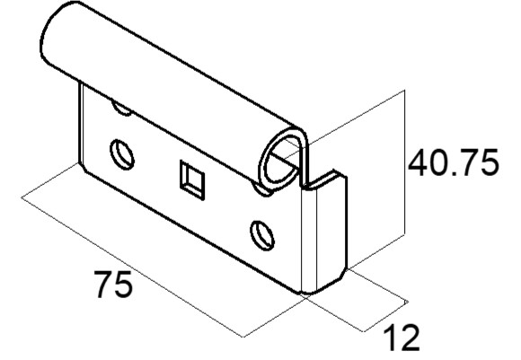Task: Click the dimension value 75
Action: [x=113, y=285]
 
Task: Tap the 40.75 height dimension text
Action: [x=454, y=162]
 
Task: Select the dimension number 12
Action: [x=402, y=338]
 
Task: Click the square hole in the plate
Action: [x=192, y=180]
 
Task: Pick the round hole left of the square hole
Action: [x=122, y=154]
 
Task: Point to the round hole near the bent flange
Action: [x=262, y=235]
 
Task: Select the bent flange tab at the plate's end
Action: [x=323, y=233]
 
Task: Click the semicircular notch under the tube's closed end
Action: [x=122, y=109]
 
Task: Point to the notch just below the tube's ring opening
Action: [x=262, y=190]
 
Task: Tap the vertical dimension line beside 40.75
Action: [x=405, y=162]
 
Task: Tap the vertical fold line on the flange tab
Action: [x=317, y=240]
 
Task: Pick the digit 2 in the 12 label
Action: [x=410, y=338]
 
